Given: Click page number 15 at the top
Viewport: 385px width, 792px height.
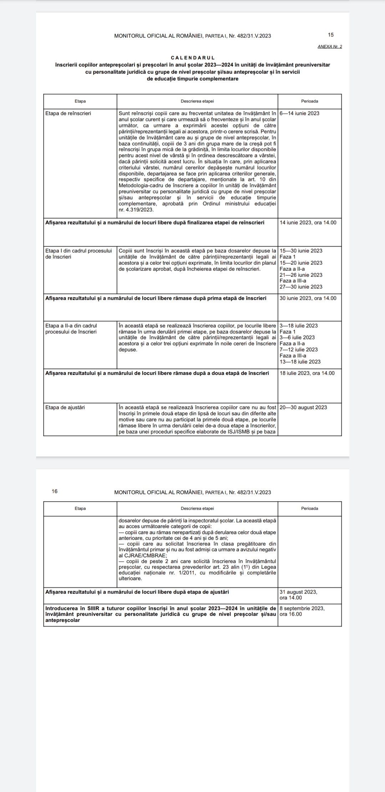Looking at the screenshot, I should (331, 35).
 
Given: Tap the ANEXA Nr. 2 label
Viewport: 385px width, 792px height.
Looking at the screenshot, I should (329, 47).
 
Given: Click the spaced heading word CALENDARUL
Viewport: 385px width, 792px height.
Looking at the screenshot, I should (192, 58).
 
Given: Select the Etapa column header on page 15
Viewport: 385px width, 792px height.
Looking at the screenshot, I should (80, 101).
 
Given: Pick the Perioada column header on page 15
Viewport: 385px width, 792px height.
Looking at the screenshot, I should (309, 101).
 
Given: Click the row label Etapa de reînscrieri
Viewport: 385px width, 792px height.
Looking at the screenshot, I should (68, 113).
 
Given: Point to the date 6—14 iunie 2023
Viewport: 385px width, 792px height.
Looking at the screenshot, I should (299, 113).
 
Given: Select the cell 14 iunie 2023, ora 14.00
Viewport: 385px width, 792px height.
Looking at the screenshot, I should (308, 223).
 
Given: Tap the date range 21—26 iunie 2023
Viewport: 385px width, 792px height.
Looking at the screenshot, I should (301, 275).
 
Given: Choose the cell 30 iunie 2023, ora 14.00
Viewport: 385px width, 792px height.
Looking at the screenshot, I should (308, 298).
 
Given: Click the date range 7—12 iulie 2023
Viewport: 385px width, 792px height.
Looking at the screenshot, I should (299, 350).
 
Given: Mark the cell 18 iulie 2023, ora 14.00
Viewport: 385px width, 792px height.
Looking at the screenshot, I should (307, 373).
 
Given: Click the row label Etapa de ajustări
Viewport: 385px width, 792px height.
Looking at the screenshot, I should (65, 407).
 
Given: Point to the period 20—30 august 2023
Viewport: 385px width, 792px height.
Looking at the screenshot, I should (303, 407).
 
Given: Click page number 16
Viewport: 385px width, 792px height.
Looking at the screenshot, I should (55, 491).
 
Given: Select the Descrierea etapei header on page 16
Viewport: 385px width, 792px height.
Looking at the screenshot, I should (197, 508).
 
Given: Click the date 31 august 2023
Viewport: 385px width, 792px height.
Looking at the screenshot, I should (298, 592).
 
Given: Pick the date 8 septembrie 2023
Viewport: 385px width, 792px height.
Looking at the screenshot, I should (302, 608).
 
